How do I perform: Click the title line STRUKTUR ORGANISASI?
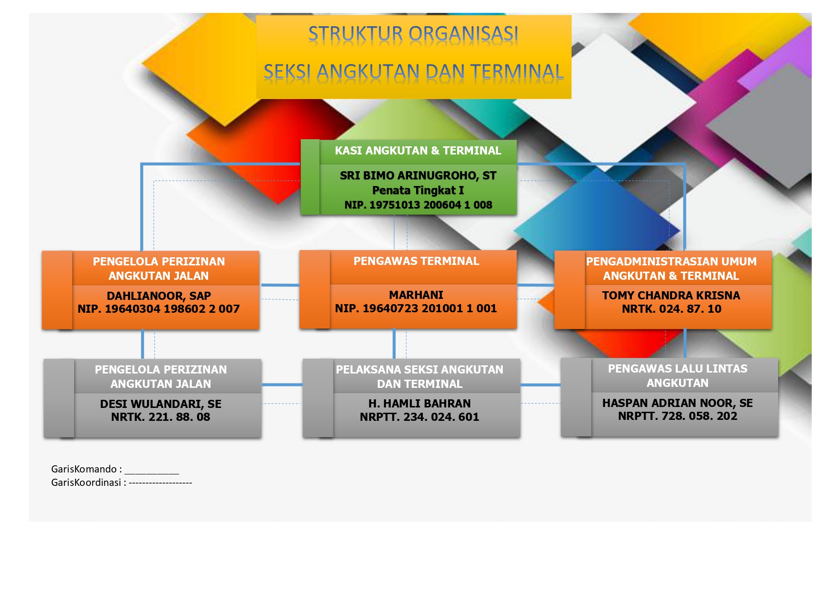coord(413,34)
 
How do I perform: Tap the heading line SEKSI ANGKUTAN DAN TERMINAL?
coord(414,72)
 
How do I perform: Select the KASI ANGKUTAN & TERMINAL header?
coord(418,151)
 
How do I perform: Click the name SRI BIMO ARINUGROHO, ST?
coord(418,176)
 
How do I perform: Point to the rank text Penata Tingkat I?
coord(418,190)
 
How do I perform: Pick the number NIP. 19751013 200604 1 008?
coord(418,205)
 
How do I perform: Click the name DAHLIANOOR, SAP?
coord(159,296)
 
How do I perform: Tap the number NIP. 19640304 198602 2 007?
coord(159,309)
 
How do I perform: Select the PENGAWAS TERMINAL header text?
coord(416,261)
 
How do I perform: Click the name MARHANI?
coord(416,295)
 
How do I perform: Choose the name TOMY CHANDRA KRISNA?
coord(671,296)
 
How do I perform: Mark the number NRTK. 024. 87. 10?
coord(672,309)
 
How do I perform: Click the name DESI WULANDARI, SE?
coord(161,404)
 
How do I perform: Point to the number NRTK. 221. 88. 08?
coord(161,417)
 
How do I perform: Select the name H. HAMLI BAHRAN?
coord(419,404)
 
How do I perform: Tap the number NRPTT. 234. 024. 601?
coord(419,417)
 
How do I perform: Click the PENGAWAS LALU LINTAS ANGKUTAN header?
coord(678,376)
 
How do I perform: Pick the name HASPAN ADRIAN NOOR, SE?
coord(678,403)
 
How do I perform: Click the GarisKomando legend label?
coord(87,469)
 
